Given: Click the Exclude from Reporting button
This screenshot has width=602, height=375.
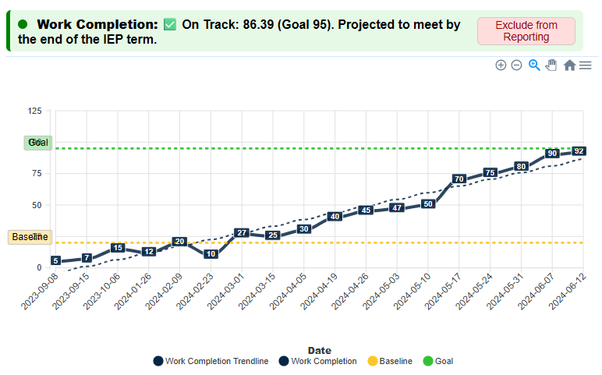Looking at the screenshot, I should pos(526,31).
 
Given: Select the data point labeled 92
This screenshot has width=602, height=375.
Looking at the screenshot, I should pos(579,150).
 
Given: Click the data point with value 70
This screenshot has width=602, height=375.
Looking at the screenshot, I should pos(459,179).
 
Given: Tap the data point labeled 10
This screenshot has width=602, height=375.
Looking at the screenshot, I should pos(210,254).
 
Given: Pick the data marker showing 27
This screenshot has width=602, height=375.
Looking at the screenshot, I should pos(242,233).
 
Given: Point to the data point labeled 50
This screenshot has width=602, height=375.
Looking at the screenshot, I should pos(427,204).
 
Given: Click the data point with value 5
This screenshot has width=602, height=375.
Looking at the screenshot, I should pos(55,260).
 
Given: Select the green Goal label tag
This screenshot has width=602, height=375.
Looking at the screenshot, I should pos(37,143).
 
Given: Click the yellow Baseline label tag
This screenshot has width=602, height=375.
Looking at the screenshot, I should pos(30,237).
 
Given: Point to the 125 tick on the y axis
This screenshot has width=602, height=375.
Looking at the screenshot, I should pos(34,111).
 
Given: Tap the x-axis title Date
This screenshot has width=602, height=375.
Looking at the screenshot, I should pos(319,351).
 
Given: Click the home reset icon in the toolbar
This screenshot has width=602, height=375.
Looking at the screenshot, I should pos(569,65).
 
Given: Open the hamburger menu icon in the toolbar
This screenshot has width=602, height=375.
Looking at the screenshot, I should pos(585,65).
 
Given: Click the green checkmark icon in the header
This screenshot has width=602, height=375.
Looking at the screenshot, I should pos(170,25).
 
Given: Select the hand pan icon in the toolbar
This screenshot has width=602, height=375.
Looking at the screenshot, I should pos(551,65).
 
